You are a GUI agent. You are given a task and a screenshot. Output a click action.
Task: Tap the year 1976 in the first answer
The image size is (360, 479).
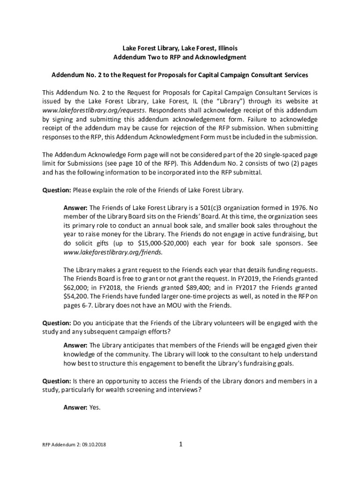pyautogui.click(x=288, y=208)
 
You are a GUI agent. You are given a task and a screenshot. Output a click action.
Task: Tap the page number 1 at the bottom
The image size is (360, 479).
pyautogui.click(x=180, y=444)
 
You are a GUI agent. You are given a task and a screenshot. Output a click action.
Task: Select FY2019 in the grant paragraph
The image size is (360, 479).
pyautogui.click(x=255, y=279)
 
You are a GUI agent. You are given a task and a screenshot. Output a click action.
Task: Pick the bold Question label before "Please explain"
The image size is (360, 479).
pyautogui.click(x=57, y=190)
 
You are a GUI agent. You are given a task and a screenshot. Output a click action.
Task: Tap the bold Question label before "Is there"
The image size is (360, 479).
pyautogui.click(x=57, y=381)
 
